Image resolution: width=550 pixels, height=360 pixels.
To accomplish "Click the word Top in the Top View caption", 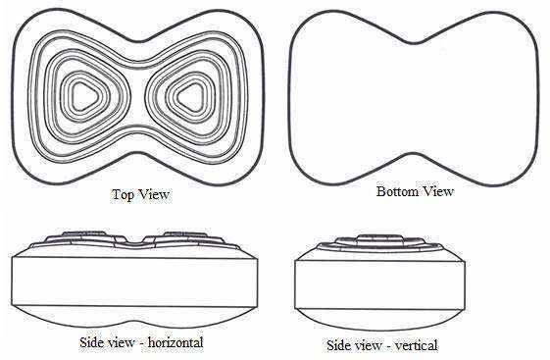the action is coord(122,194).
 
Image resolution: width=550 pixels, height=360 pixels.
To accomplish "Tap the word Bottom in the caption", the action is coord(397,191).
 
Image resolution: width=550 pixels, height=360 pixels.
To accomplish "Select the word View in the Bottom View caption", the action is coord(437,191).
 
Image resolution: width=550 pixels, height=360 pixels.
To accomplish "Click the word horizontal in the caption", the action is coord(175,342).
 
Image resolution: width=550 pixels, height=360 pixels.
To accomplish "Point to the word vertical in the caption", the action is coord(417,345).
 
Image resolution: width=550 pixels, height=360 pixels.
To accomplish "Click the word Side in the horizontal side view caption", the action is coord(90,342).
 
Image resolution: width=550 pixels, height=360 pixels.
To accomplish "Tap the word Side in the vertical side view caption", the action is coord(337,345).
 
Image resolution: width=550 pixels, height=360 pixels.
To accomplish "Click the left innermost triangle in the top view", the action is coord(83,96).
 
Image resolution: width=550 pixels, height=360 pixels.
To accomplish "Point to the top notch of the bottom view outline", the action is coord(415,43).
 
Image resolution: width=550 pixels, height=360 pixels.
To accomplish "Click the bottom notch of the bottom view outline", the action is coord(415,155).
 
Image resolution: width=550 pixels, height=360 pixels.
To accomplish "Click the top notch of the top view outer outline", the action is coord(140,41).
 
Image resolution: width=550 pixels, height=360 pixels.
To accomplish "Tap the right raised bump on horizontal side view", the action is coord(185,234).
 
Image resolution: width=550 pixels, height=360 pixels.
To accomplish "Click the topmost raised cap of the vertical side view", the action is coord(379,236).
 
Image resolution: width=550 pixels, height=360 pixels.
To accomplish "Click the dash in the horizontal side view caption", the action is coord(142,343).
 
